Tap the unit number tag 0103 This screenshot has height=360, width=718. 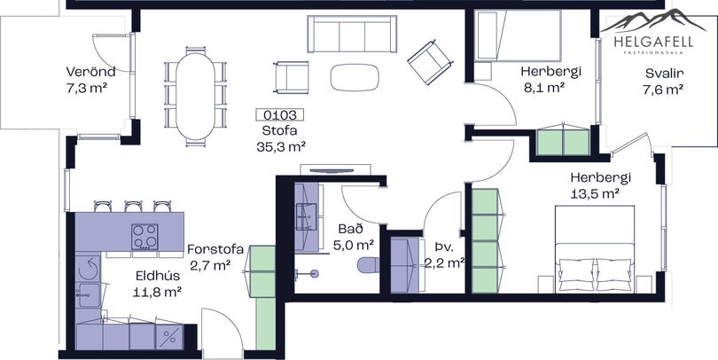[x=281, y=115]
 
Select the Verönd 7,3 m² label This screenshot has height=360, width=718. [x=90, y=80]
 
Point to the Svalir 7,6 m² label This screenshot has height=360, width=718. [x=664, y=81]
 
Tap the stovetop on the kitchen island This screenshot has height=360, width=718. [x=144, y=237]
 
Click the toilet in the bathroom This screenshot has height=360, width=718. [x=369, y=265]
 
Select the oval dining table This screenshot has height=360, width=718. [x=195, y=96]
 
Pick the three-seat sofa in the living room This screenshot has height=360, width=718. [x=352, y=34]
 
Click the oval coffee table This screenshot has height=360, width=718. [x=355, y=76]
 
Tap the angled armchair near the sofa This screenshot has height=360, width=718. [x=431, y=62]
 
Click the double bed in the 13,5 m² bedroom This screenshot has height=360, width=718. [x=595, y=248]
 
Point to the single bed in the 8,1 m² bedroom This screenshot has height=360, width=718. [x=518, y=35]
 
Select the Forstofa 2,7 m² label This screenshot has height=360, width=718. [x=215, y=257]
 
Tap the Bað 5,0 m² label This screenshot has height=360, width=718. [x=353, y=237]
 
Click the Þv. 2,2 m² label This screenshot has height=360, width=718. [x=444, y=254]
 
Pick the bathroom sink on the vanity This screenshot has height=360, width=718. [x=306, y=216]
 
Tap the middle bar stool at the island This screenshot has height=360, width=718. [x=133, y=206]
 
